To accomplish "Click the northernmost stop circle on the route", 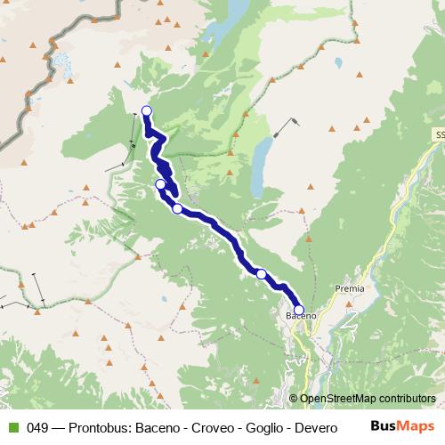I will (147, 111).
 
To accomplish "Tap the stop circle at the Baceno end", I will (299, 311).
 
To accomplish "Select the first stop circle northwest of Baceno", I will (262, 274).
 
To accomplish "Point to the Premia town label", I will (349, 289).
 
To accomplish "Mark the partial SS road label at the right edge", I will (440, 133).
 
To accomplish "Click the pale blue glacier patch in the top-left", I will (62, 64).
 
